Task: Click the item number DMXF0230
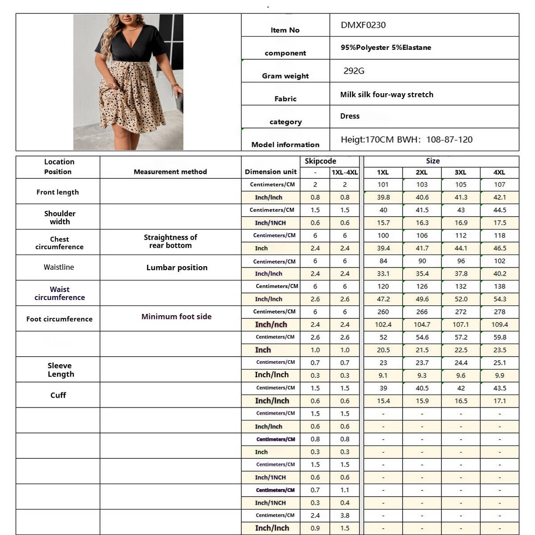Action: pyautogui.click(x=363, y=25)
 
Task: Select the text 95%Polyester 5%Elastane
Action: pyautogui.click(x=386, y=48)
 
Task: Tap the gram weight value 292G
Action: pyautogui.click(x=354, y=71)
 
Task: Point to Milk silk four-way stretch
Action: pyautogui.click(x=387, y=95)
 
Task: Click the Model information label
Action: pyautogui.click(x=285, y=144)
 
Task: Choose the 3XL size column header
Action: pyautogui.click(x=461, y=172)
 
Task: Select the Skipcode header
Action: pyautogui.click(x=320, y=161)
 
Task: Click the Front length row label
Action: pyautogui.click(x=58, y=192)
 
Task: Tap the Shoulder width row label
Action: pyautogui.click(x=60, y=218)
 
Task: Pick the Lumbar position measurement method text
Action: pyautogui.click(x=177, y=267)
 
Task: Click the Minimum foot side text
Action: pyautogui.click(x=177, y=317)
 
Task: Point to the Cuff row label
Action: pyautogui.click(x=58, y=395)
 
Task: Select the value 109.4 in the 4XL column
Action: pyautogui.click(x=499, y=325)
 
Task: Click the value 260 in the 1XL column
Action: pyautogui.click(x=383, y=312)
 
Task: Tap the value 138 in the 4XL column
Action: pyautogui.click(x=499, y=286)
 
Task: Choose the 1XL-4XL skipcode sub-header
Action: pyautogui.click(x=345, y=172)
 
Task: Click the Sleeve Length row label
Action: pyautogui.click(x=60, y=370)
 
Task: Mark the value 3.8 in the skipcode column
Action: pyautogui.click(x=345, y=515)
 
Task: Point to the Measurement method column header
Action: pyautogui.click(x=170, y=172)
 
